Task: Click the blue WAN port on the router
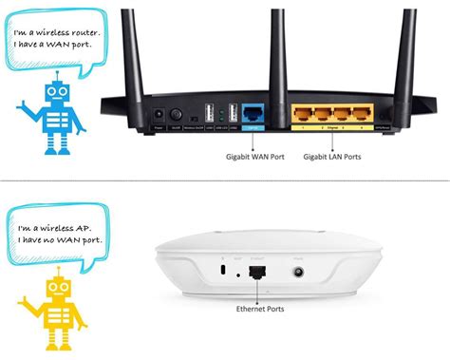(253, 112)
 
